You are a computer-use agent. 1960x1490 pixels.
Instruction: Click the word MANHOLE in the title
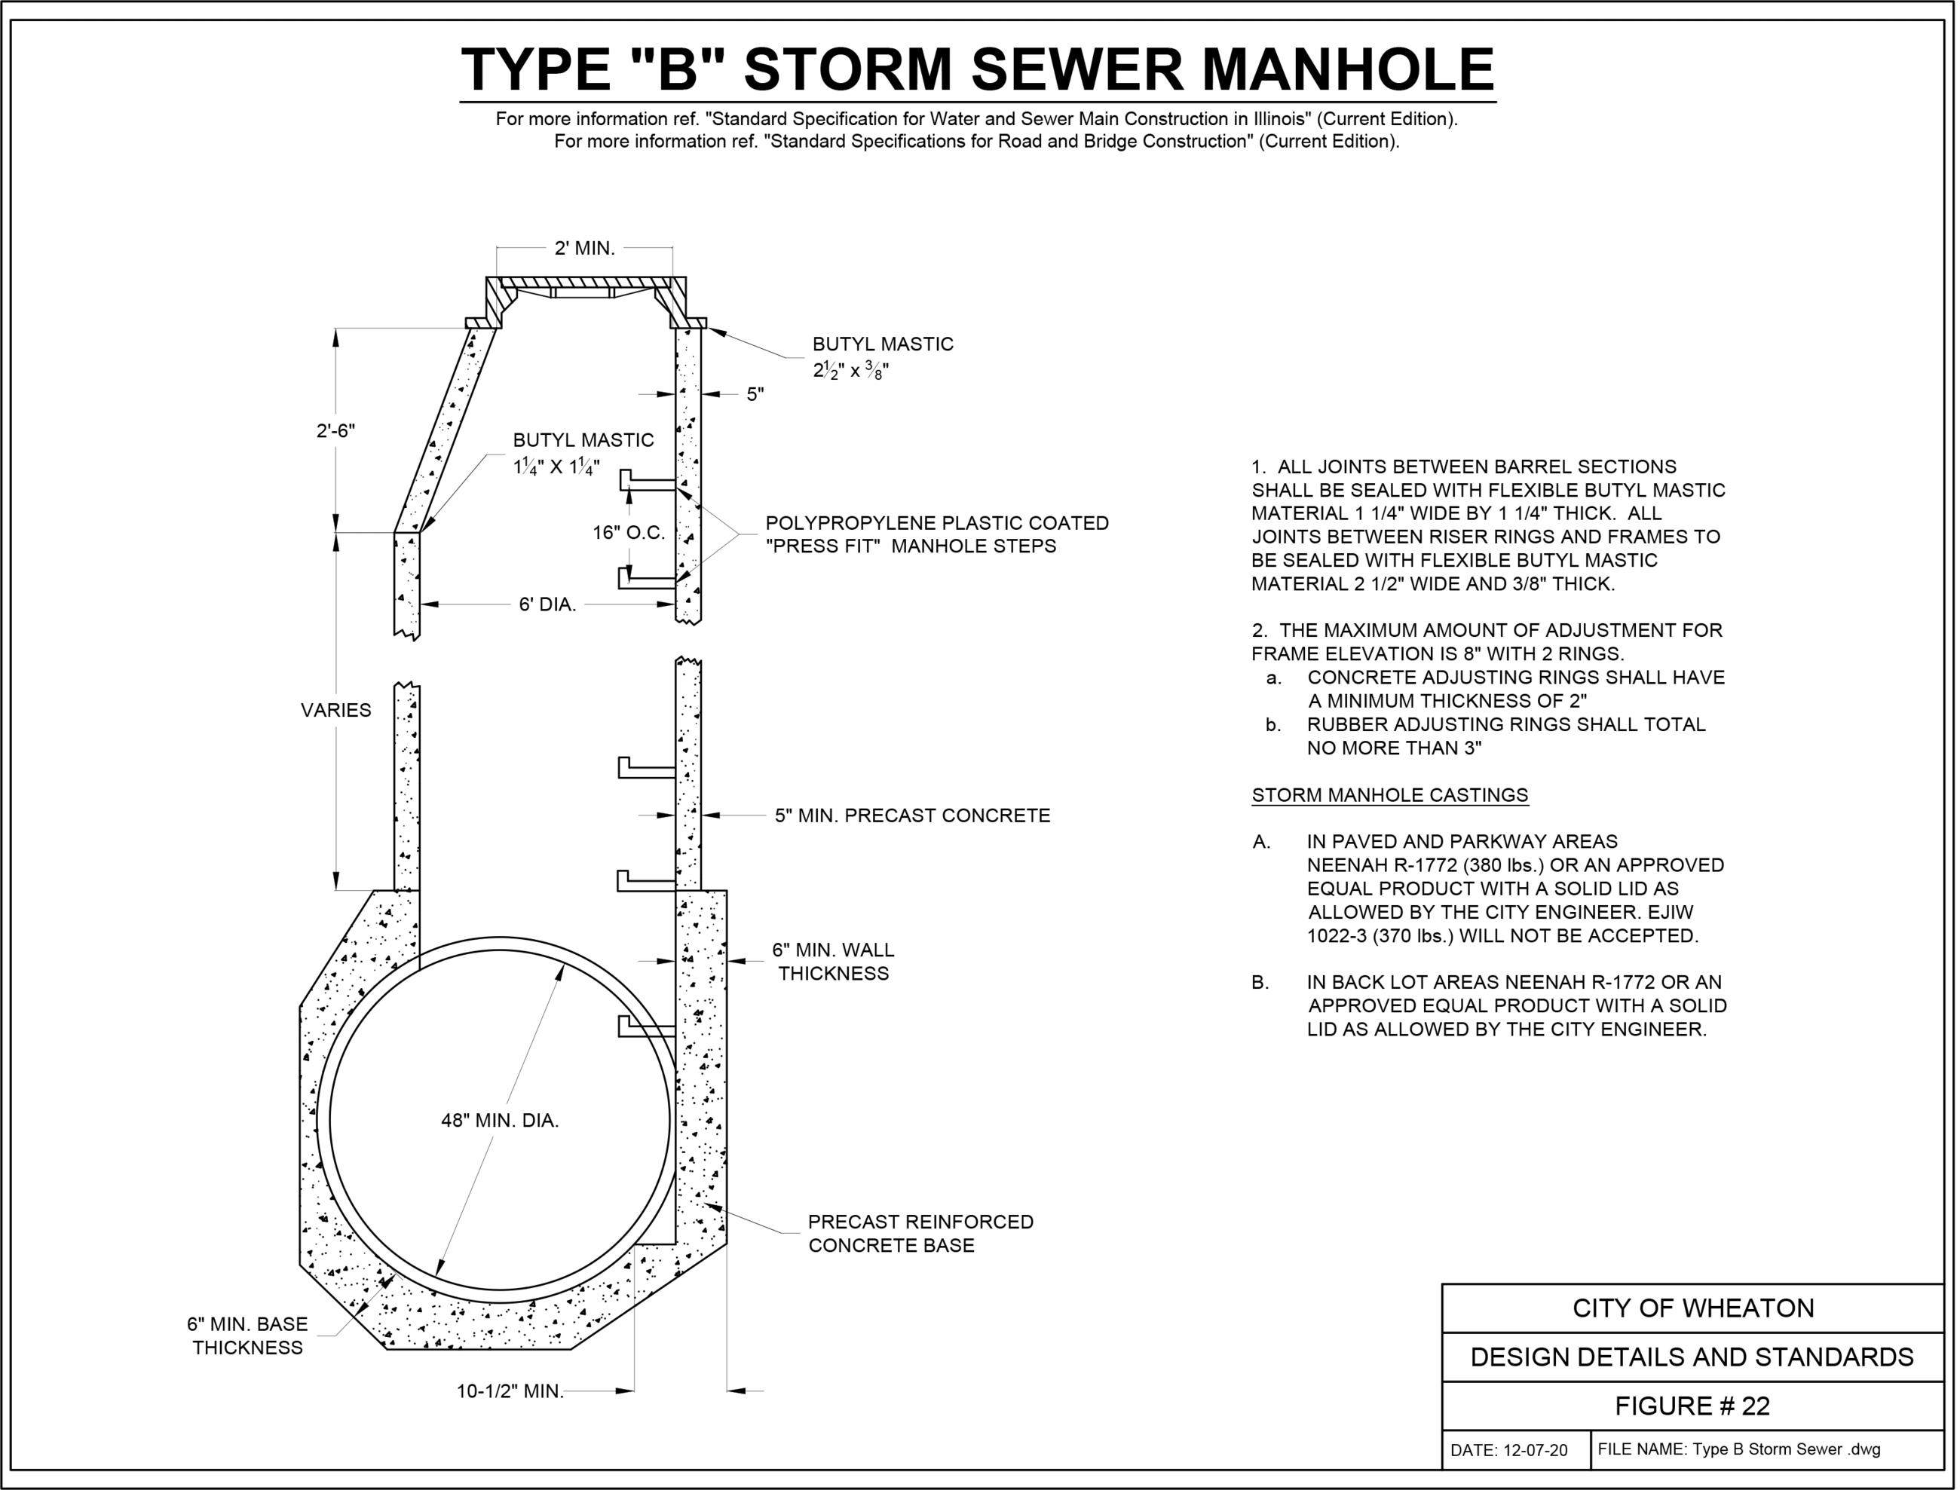(1347, 69)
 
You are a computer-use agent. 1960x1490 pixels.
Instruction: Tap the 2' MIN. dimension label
(584, 249)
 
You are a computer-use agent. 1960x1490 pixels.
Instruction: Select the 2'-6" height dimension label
(335, 431)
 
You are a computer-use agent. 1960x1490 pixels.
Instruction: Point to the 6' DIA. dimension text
(547, 605)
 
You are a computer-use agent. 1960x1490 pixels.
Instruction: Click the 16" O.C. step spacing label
(628, 533)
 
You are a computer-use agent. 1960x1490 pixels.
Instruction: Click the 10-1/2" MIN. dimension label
(510, 1391)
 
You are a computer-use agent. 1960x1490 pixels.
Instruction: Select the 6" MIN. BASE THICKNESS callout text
(247, 1335)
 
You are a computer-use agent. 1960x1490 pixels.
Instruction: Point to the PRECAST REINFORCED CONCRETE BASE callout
(920, 1234)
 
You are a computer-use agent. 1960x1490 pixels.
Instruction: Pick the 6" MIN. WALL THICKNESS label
(833, 962)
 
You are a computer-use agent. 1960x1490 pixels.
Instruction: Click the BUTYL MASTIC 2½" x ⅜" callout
(883, 356)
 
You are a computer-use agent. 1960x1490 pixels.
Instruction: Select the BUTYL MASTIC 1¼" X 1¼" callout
(583, 452)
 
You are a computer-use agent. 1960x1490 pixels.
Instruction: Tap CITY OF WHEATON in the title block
(1692, 1308)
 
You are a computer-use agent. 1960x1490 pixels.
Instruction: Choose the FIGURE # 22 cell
(1692, 1406)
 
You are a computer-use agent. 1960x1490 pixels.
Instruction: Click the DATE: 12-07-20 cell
(1508, 1451)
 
